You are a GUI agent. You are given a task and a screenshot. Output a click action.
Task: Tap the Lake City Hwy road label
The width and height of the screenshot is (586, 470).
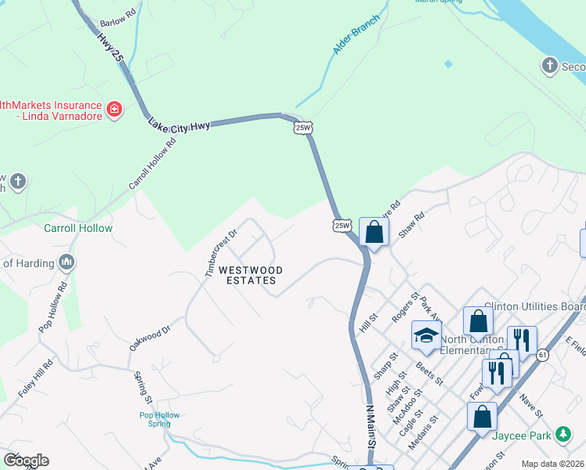tap(179, 125)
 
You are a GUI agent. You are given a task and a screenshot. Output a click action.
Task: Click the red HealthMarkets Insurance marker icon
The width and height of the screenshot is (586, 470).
tap(114, 109)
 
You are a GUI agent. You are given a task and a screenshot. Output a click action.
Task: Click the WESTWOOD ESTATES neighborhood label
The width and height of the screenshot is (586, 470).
tap(250, 275)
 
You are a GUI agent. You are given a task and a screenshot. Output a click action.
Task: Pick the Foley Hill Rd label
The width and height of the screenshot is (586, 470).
tap(36, 378)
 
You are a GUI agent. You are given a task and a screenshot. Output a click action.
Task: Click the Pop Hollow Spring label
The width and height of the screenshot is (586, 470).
tap(160, 419)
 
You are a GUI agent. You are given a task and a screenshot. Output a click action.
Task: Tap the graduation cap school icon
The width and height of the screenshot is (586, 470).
tap(427, 335)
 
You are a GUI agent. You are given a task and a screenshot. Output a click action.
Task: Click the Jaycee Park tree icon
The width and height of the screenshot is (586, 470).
tap(562, 433)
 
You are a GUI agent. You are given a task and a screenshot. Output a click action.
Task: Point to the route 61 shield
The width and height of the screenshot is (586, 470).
tap(544, 355)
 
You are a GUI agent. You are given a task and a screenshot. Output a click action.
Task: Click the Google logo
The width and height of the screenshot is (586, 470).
tap(26, 461)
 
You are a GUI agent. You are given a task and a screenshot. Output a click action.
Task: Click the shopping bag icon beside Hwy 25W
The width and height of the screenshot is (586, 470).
tap(374, 232)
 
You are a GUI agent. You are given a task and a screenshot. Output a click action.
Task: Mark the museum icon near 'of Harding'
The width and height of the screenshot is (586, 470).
tap(66, 262)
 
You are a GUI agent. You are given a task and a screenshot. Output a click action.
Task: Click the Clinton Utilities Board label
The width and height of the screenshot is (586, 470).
tap(534, 306)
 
